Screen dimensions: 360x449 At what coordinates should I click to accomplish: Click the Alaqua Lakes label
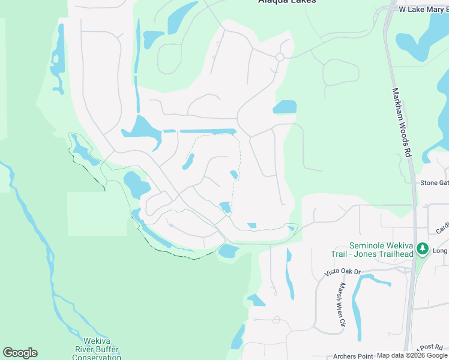tap(286, 2)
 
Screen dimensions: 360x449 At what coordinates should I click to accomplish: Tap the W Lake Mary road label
tap(423, 10)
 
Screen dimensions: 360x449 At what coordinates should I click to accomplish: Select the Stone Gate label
tap(434, 183)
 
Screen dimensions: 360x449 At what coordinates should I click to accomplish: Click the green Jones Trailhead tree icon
tap(423, 248)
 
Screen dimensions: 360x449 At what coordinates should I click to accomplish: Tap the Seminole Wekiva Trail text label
tap(382, 250)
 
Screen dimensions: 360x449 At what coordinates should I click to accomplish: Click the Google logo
tap(20, 353)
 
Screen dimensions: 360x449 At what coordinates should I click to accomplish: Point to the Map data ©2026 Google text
tap(412, 356)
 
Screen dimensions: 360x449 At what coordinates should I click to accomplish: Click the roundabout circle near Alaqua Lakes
tap(279, 57)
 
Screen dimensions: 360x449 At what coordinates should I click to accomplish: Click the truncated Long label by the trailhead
tap(440, 250)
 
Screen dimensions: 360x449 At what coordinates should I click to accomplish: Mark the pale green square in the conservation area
tap(97, 214)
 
